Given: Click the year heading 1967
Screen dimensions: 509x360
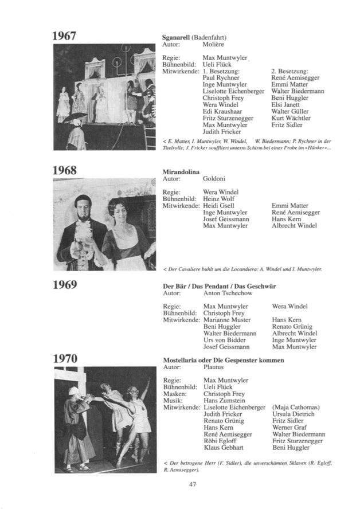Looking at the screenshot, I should tap(65, 36).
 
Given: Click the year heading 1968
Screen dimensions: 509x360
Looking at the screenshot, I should tap(65, 170).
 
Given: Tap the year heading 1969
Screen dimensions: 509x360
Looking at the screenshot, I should tap(65, 285).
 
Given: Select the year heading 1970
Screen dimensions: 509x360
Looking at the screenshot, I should tap(65, 359).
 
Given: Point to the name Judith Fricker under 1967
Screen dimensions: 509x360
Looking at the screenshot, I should tap(224, 132).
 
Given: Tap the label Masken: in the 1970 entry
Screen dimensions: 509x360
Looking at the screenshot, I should tap(175, 394).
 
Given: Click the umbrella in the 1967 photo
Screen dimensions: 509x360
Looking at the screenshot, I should tap(75, 117).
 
